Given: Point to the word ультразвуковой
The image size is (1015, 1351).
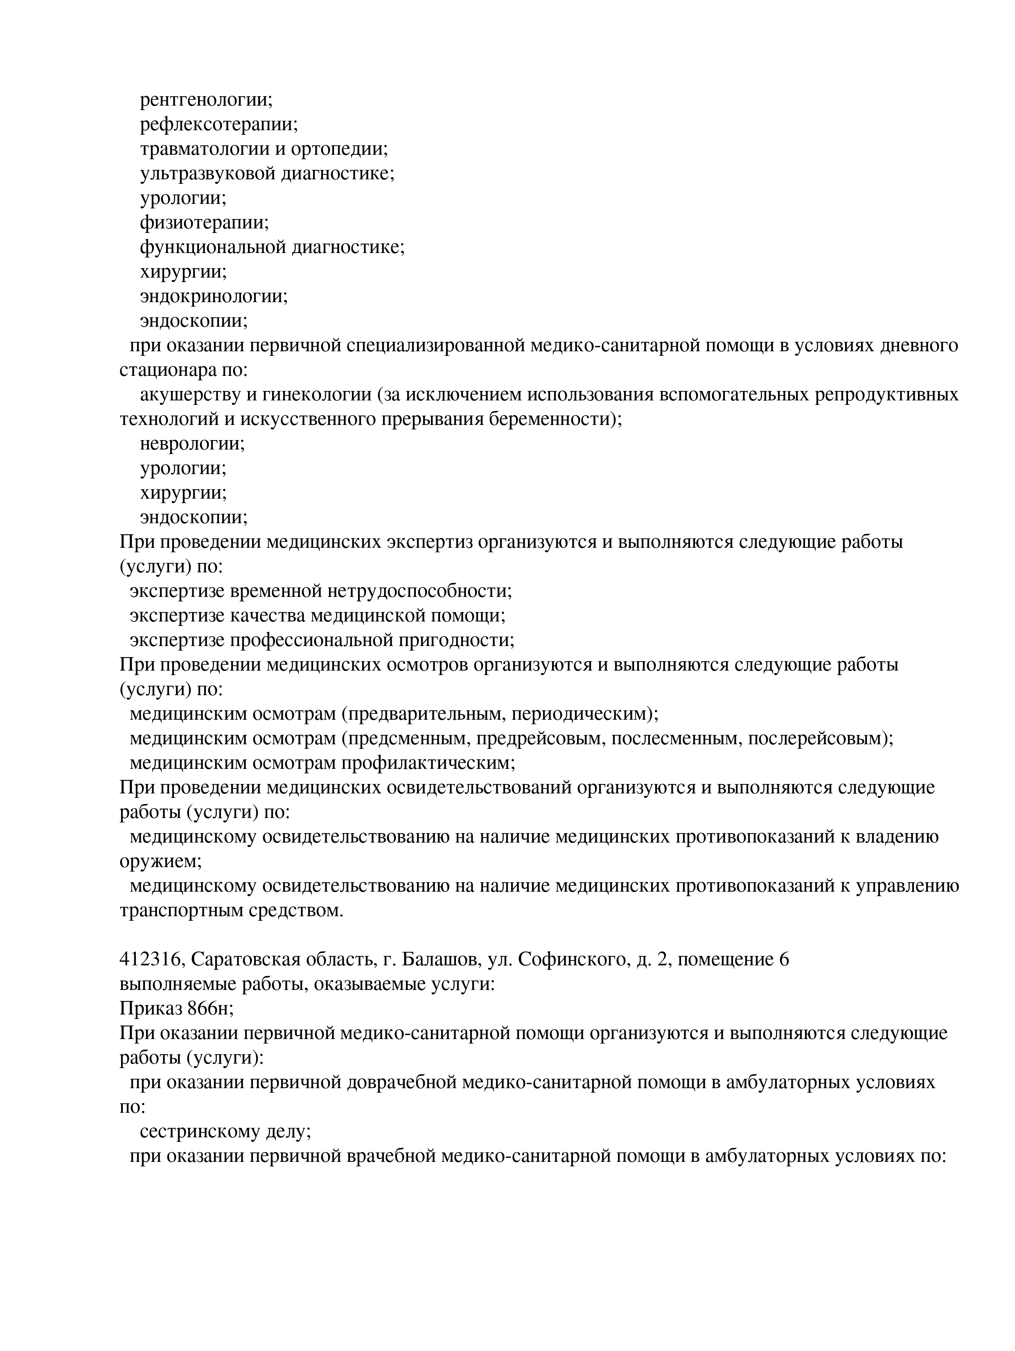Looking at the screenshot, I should [208, 174].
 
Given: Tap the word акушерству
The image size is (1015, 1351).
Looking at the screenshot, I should [190, 395].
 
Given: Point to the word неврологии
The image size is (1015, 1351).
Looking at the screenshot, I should [192, 444].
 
